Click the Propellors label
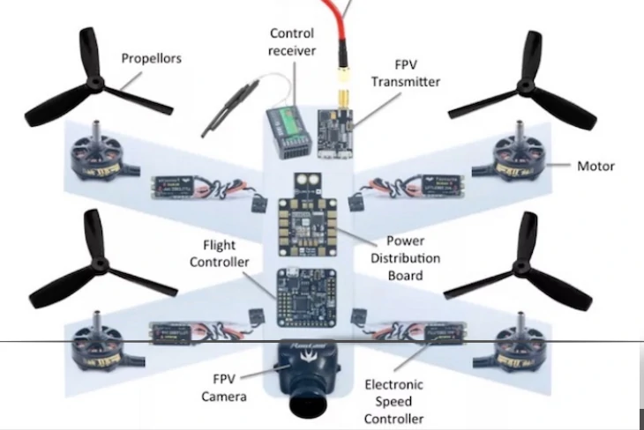[x=152, y=59]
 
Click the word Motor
[x=595, y=166]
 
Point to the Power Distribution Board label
[x=413, y=257]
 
